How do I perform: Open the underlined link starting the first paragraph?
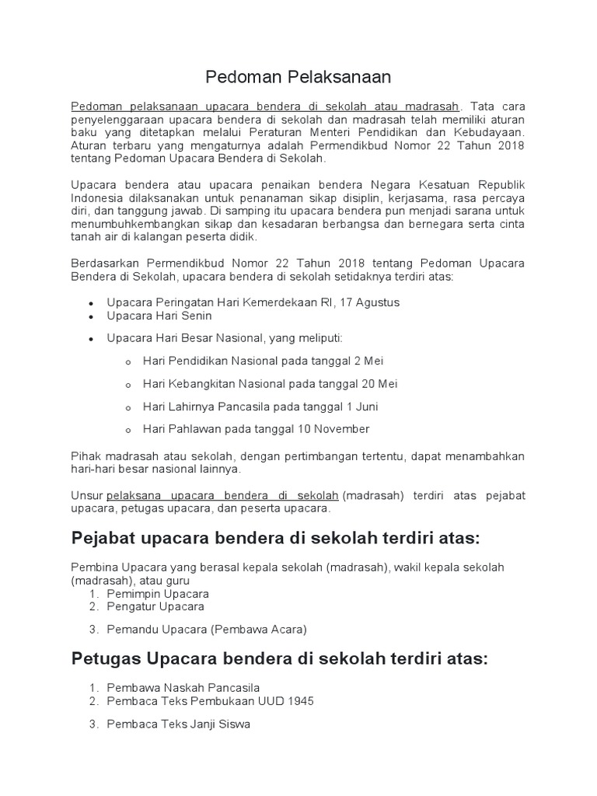point(265,106)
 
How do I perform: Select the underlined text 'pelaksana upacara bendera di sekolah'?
point(222,495)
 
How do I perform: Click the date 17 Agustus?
point(369,302)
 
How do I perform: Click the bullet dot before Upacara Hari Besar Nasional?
point(92,339)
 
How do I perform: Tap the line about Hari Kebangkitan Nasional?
point(270,383)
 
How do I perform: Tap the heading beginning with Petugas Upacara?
point(279,658)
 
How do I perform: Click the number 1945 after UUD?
point(298,700)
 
